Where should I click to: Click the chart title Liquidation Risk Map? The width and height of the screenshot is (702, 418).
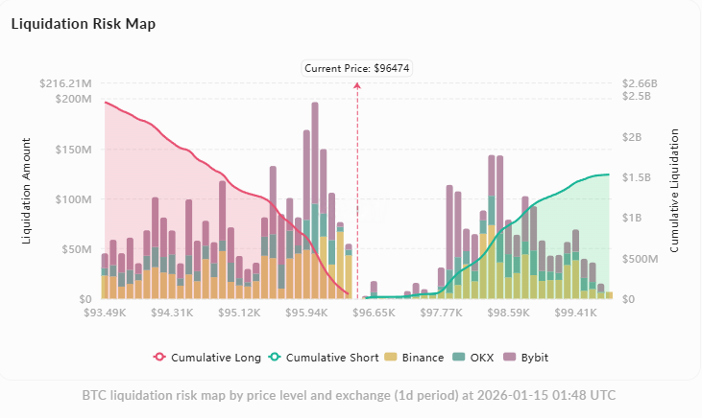coord(83,23)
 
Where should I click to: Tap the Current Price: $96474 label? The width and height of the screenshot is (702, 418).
coord(357,68)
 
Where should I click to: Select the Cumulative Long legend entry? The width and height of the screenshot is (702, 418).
coord(207,358)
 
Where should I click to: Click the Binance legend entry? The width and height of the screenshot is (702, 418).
coord(416,358)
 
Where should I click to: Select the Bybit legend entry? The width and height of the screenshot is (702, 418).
coord(532,358)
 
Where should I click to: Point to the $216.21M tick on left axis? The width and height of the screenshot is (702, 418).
coord(65,83)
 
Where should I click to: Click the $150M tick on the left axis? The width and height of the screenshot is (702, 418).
coord(72,150)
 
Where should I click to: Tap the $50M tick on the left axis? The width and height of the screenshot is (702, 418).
coord(75,249)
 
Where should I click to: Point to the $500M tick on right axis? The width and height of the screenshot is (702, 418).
coord(638,259)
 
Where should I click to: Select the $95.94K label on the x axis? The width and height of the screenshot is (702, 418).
coord(306,313)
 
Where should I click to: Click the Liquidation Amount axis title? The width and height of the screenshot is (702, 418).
coord(27,192)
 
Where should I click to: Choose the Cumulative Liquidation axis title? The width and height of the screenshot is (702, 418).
coord(675,192)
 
